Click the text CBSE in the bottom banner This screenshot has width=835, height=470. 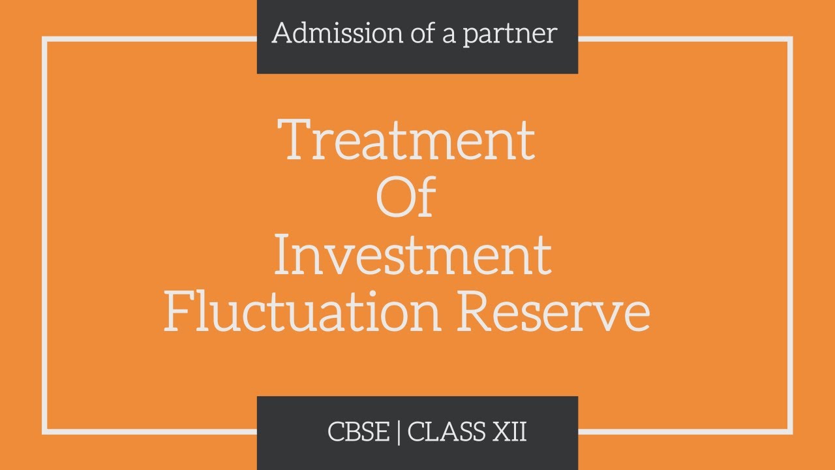tap(358, 432)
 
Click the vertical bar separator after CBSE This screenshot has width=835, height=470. tap(399, 433)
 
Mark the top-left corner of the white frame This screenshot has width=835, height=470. tap(45, 39)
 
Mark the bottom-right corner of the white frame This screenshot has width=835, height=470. tap(790, 431)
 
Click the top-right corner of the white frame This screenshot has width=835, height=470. tap(790, 39)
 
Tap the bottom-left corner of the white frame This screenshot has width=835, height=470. tap(45, 431)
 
